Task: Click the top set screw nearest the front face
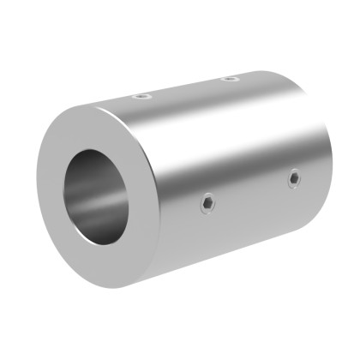(142, 97)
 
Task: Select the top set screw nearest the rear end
(229, 79)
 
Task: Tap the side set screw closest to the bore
(209, 202)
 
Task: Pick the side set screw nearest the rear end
(293, 178)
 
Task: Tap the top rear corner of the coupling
(283, 72)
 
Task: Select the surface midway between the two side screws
(251, 190)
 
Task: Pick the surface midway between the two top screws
(186, 88)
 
